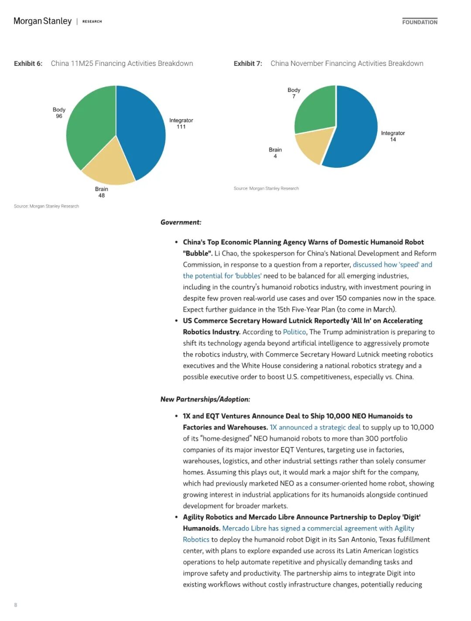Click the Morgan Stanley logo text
[x=42, y=21]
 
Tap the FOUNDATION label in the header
[x=420, y=22]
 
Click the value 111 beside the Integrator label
[x=181, y=127]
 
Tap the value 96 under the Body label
[x=59, y=116]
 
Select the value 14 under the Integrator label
[x=393, y=140]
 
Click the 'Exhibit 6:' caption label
[x=28, y=64]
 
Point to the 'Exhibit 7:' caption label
[x=248, y=64]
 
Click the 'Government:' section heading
[x=181, y=222]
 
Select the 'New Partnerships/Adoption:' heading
[x=205, y=399]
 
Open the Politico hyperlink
[x=294, y=332]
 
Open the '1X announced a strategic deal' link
[x=315, y=427]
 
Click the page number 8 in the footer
[x=16, y=605]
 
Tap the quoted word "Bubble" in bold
[x=198, y=253]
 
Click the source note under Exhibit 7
[x=266, y=188]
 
